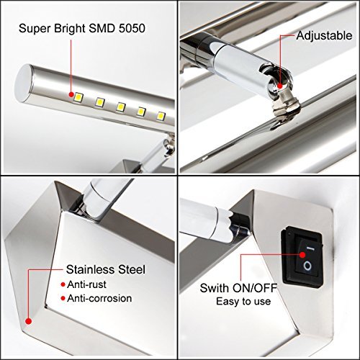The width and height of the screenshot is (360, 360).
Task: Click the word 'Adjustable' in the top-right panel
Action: (324, 36)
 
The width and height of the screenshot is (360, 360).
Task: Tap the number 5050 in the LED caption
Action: (132, 28)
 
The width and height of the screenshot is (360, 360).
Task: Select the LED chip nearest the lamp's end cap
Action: (78, 97)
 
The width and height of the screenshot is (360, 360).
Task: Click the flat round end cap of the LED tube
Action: (22, 84)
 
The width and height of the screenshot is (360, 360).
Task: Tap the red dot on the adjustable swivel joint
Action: (279, 86)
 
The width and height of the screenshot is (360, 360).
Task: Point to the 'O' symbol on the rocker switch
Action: (307, 266)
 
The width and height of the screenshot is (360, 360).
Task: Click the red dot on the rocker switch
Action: (302, 254)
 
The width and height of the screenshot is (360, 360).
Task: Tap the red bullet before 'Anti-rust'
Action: (63, 284)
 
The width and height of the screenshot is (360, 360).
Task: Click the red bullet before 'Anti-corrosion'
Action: (63, 299)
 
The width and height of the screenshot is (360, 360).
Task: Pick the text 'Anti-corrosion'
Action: (99, 298)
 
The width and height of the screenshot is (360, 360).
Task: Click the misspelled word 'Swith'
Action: (214, 288)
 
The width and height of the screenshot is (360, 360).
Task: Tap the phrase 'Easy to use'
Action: (243, 301)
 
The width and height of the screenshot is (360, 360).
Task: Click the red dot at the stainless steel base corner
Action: (29, 321)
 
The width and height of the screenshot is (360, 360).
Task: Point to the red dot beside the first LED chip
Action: (71, 94)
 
